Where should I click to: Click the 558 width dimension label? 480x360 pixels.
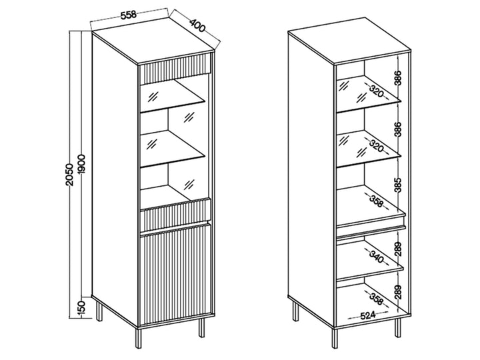(128, 15)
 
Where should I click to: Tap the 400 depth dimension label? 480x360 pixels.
(197, 26)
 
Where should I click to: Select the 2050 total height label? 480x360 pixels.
(70, 175)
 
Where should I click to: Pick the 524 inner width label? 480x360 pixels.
(367, 315)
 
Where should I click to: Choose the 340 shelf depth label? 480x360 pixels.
(377, 257)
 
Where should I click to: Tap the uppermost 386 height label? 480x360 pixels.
(397, 79)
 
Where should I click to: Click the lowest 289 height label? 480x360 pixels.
(397, 292)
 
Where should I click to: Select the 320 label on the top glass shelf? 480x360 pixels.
(377, 91)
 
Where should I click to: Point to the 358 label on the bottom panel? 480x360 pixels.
(377, 299)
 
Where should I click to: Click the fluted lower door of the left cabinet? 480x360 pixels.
(175, 275)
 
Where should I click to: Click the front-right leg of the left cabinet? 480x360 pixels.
(201, 327)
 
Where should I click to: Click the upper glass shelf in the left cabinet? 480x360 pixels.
(172, 97)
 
